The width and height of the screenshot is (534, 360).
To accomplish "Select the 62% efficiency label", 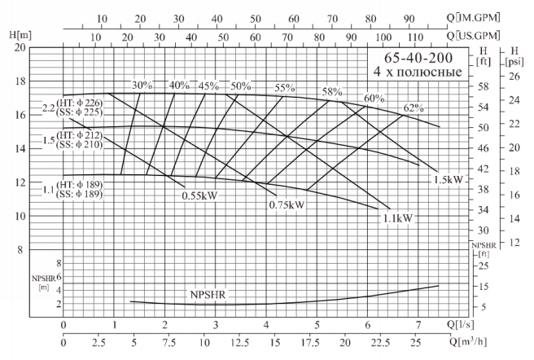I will point(413,109).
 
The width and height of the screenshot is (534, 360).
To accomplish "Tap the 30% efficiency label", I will point(142,86).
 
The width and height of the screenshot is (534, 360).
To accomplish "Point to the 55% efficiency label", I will point(285,88).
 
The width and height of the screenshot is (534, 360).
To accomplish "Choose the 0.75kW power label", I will point(287,204).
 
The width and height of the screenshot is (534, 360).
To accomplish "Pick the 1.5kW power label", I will point(448,180).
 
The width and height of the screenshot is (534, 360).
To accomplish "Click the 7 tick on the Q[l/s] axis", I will point(418,326).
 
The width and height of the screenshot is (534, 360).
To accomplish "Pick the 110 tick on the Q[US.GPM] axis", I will point(415,36).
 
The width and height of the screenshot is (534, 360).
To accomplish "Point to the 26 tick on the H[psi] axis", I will point(514,76).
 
